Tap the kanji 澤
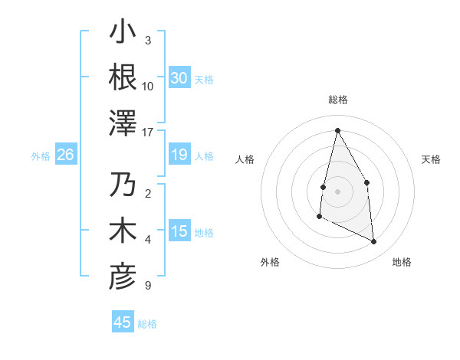pyautogui.click(x=123, y=121)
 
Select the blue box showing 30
pyautogui.click(x=179, y=77)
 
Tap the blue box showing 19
pyautogui.click(x=179, y=155)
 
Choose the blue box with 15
pyautogui.click(x=179, y=231)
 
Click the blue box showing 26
pyautogui.click(x=65, y=155)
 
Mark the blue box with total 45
pyautogui.click(x=123, y=322)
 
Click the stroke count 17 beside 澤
pyautogui.click(x=148, y=131)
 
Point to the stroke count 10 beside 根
pyautogui.click(x=148, y=86)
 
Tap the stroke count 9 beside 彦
pyautogui.click(x=147, y=286)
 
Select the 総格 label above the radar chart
pyautogui.click(x=338, y=100)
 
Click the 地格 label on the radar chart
pyautogui.click(x=402, y=263)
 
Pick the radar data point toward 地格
pyautogui.click(x=374, y=242)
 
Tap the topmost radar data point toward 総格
pyautogui.click(x=337, y=130)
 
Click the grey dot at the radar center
pyautogui.click(x=337, y=190)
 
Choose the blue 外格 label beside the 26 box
pyautogui.click(x=41, y=156)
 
